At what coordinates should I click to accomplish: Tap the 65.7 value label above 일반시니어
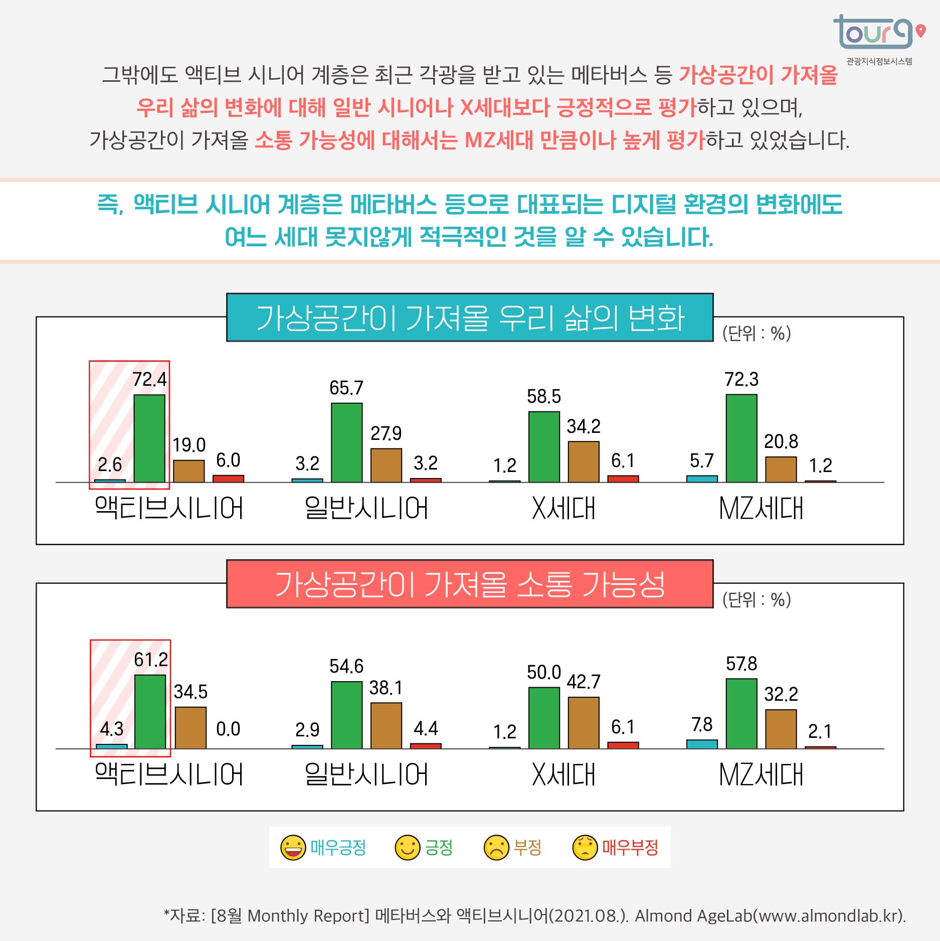click(x=346, y=388)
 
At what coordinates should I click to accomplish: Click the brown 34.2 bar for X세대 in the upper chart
click(x=584, y=461)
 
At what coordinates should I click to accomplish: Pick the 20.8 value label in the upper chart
click(x=781, y=441)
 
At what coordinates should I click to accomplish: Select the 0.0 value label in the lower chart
click(x=228, y=729)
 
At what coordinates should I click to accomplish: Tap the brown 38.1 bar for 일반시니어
click(x=386, y=725)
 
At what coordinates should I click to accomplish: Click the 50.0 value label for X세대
click(x=543, y=672)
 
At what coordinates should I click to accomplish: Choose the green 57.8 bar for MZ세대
click(x=741, y=713)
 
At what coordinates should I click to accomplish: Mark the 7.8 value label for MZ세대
click(x=702, y=724)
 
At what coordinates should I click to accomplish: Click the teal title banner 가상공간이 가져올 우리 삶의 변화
click(x=470, y=318)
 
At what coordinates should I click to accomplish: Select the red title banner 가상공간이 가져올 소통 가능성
click(x=470, y=584)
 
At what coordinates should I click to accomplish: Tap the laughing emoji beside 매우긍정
click(x=293, y=848)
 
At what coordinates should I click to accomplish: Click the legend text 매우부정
click(x=630, y=848)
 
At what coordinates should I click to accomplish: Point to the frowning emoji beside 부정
click(x=496, y=848)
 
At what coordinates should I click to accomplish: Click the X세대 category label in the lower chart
click(x=563, y=774)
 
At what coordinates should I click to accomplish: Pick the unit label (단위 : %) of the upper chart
click(x=756, y=333)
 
